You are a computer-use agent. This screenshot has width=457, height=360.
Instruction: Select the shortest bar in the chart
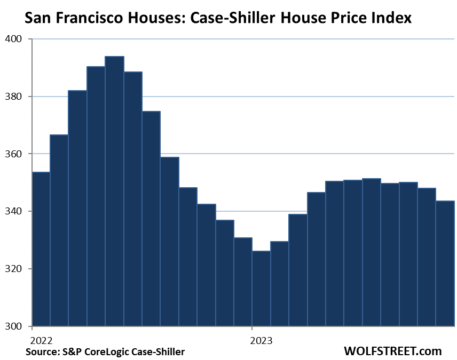click(261, 288)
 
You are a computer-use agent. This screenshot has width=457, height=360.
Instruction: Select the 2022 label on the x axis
click(41, 340)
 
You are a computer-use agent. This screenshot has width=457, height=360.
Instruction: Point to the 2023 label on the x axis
click(262, 340)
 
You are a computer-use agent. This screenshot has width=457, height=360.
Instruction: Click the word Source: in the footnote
click(42, 351)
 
